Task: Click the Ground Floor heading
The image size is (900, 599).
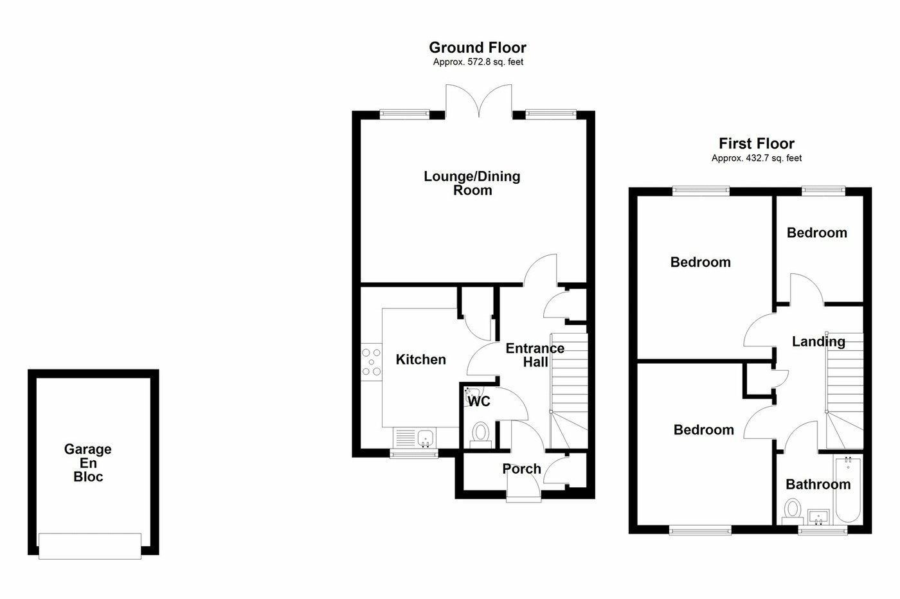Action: [477, 48]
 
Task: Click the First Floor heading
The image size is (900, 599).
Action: [756, 143]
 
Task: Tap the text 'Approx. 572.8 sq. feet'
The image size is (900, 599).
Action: [477, 62]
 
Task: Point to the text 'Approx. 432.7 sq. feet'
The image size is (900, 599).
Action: [756, 158]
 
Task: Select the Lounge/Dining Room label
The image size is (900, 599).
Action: [472, 183]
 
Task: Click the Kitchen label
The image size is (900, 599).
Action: [420, 360]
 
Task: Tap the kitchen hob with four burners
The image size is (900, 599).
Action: [371, 361]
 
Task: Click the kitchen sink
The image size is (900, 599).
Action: [425, 439]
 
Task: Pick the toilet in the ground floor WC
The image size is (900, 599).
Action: [480, 432]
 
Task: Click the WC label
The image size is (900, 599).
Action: [479, 402]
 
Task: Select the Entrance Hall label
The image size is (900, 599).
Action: [535, 355]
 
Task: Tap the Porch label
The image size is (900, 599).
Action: [521, 469]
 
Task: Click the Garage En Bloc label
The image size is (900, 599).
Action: [88, 463]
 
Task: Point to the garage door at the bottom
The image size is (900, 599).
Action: [90, 546]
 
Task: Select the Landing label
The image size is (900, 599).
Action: [818, 341]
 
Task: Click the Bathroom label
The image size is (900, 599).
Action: [818, 485]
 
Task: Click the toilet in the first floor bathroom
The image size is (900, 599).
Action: [792, 511]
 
